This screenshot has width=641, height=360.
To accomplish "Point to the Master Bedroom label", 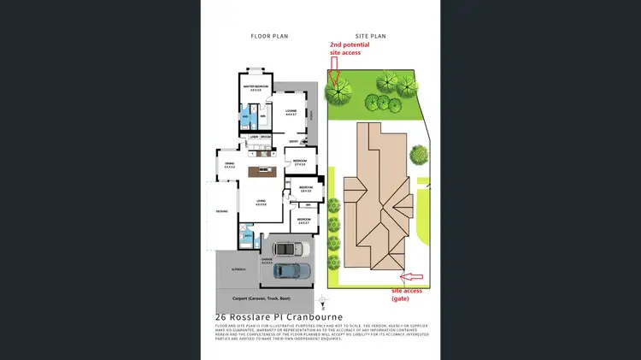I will tap(256, 88).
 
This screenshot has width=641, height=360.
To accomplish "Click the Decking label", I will tap(221, 211).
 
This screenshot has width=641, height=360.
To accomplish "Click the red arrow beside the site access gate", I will tap(412, 277).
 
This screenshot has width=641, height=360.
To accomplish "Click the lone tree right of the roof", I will tap(418, 154).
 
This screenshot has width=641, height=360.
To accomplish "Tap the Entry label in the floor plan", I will tap(293, 142).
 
